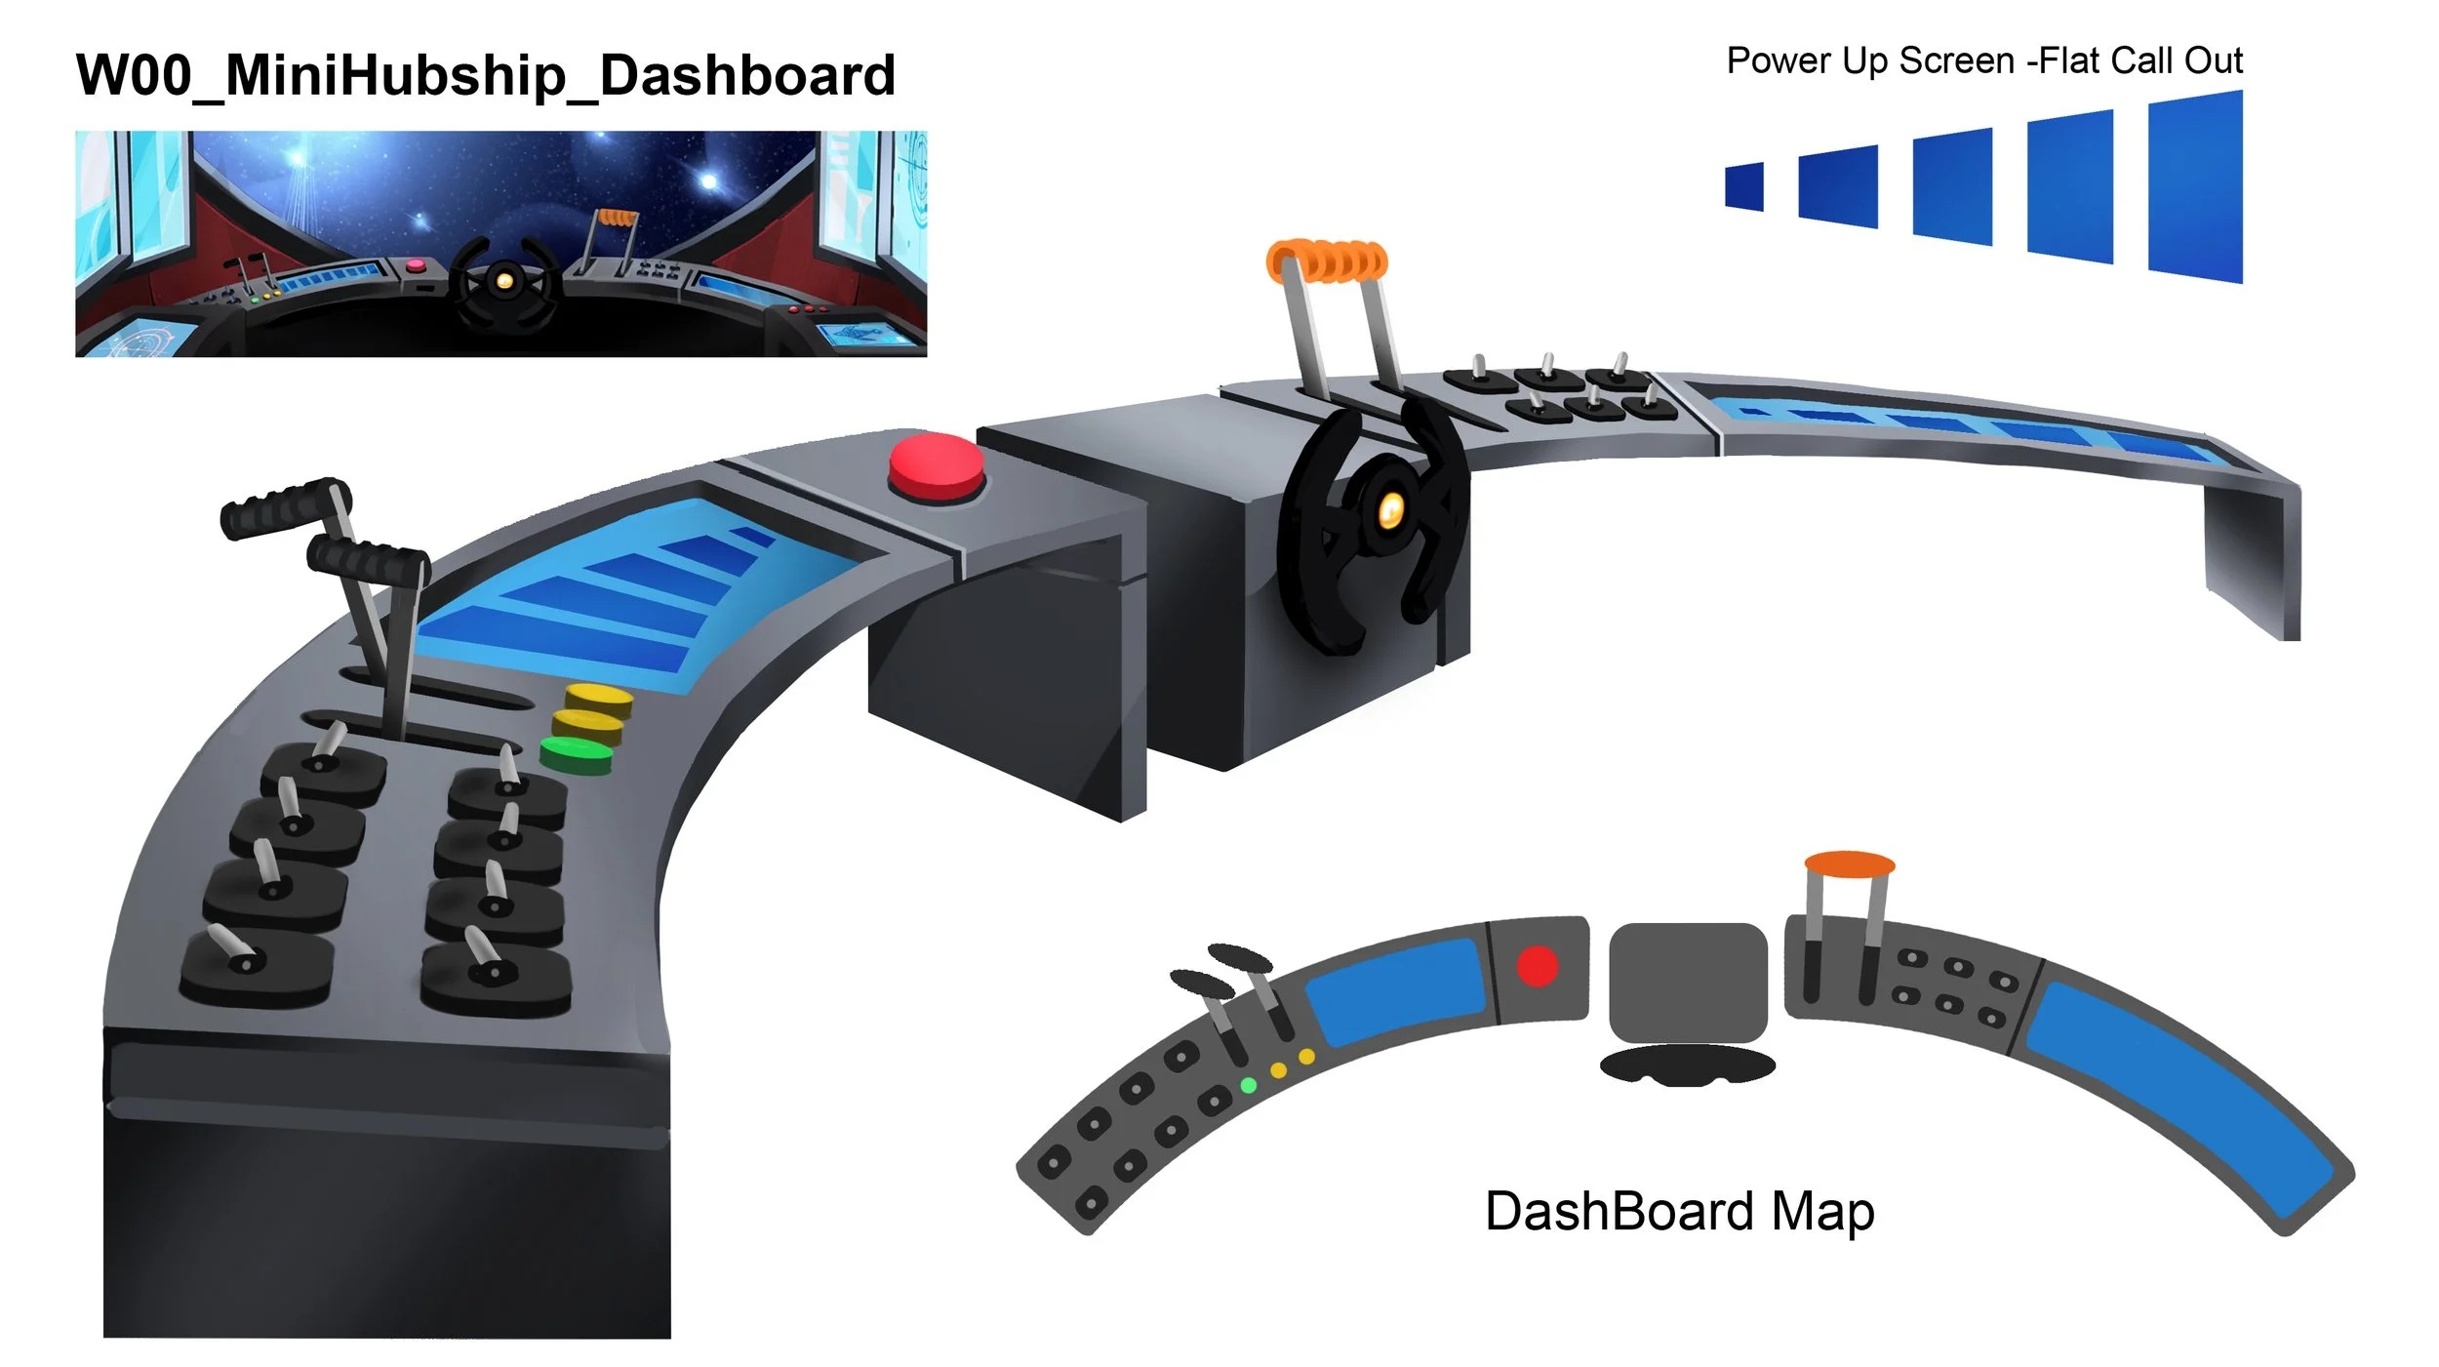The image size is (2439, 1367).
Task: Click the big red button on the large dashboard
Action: [x=936, y=466]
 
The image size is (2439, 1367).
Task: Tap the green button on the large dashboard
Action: [x=577, y=754]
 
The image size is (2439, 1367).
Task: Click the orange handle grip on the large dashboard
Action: [x=1327, y=261]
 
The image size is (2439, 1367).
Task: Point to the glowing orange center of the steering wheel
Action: [x=1390, y=507]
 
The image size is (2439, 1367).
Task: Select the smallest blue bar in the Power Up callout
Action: [x=1744, y=186]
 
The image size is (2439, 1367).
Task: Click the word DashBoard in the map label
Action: [x=1619, y=1212]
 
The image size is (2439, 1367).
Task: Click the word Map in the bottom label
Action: [x=1822, y=1212]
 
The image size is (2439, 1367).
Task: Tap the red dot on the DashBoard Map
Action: [x=1538, y=966]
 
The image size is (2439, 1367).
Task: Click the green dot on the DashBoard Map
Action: [x=1248, y=1085]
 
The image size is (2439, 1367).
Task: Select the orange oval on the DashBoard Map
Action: [x=1850, y=864]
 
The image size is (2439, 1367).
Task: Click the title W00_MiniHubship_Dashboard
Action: [x=486, y=75]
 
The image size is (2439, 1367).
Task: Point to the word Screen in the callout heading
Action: [x=1956, y=60]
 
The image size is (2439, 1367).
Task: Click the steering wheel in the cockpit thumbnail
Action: [x=504, y=281]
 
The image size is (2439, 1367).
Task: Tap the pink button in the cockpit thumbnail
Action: [x=416, y=264]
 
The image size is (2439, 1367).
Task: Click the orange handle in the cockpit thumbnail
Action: [x=617, y=217]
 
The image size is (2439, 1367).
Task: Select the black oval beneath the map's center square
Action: [x=1688, y=1065]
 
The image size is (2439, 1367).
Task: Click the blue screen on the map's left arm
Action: [x=1395, y=990]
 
